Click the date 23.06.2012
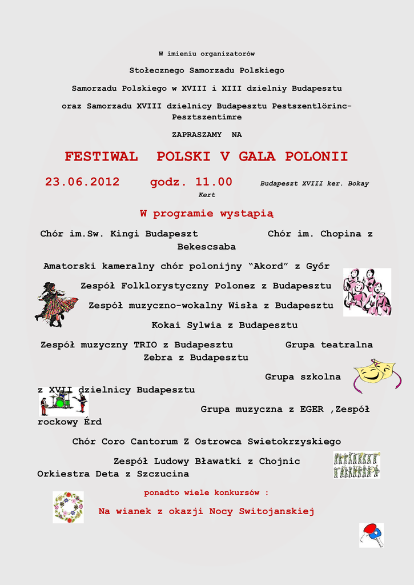pyautogui.click(x=82, y=182)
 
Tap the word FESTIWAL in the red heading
pyautogui.click(x=101, y=157)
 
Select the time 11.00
pyautogui.click(x=214, y=182)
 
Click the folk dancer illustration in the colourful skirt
pyautogui.click(x=55, y=304)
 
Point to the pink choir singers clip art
pyautogui.click(x=367, y=292)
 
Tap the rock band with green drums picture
pyautogui.click(x=63, y=402)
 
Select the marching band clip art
pyautogui.click(x=356, y=464)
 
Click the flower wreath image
pyautogui.click(x=68, y=507)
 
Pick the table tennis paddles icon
pyautogui.click(x=371, y=535)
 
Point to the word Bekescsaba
pyautogui.click(x=206, y=247)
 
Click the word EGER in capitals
pyautogui.click(x=311, y=409)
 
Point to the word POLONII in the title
pyautogui.click(x=316, y=157)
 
